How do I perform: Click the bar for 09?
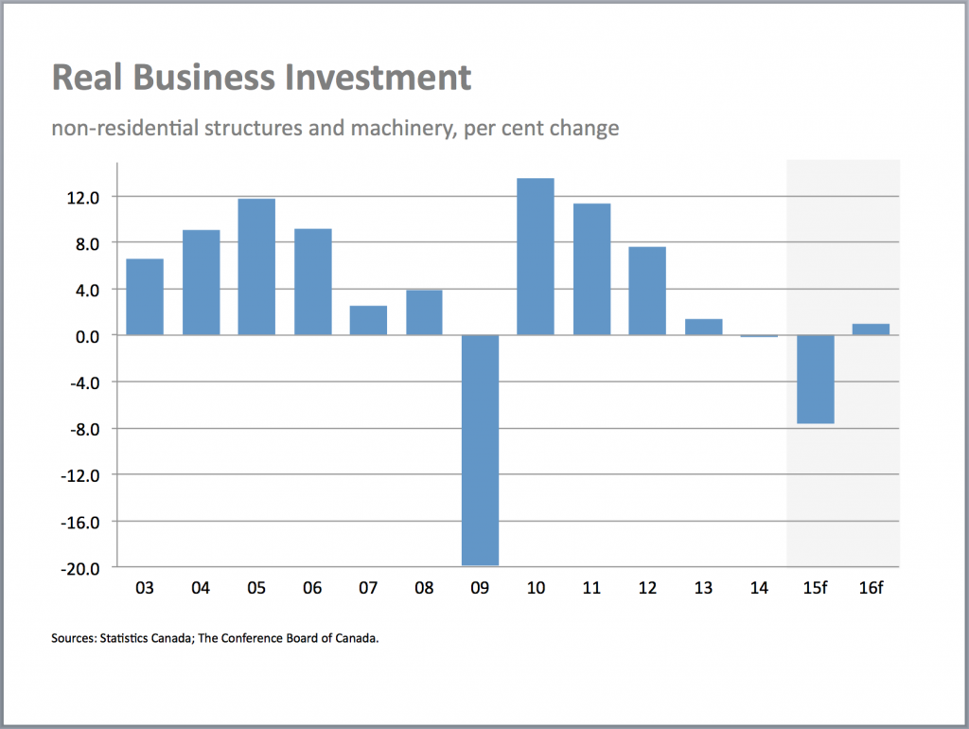(480, 450)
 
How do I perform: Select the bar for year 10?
(536, 257)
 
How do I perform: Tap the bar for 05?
(256, 267)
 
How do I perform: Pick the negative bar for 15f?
(815, 379)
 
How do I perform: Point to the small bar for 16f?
(871, 329)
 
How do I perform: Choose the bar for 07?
(368, 320)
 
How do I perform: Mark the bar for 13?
(703, 327)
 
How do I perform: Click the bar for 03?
(145, 296)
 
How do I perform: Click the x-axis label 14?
(759, 589)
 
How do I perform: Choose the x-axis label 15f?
(815, 589)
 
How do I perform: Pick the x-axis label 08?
(424, 589)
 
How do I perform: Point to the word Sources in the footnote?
(74, 639)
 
